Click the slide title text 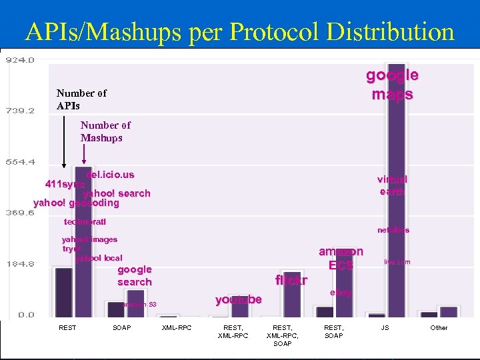(x=239, y=31)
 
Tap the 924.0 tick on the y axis (x=19, y=60)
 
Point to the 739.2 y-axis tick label (x=19, y=111)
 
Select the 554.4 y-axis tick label (x=19, y=162)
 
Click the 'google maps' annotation (x=392, y=85)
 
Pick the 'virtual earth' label (x=392, y=185)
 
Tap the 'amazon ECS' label (x=341, y=258)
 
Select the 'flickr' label (x=291, y=281)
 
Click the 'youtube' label (x=239, y=299)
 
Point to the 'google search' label (x=135, y=275)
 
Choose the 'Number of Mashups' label (x=105, y=131)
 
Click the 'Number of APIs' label (x=81, y=99)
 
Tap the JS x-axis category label (x=385, y=327)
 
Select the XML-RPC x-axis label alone (x=177, y=327)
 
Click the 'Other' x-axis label (x=439, y=327)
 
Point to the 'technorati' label (x=85, y=221)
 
